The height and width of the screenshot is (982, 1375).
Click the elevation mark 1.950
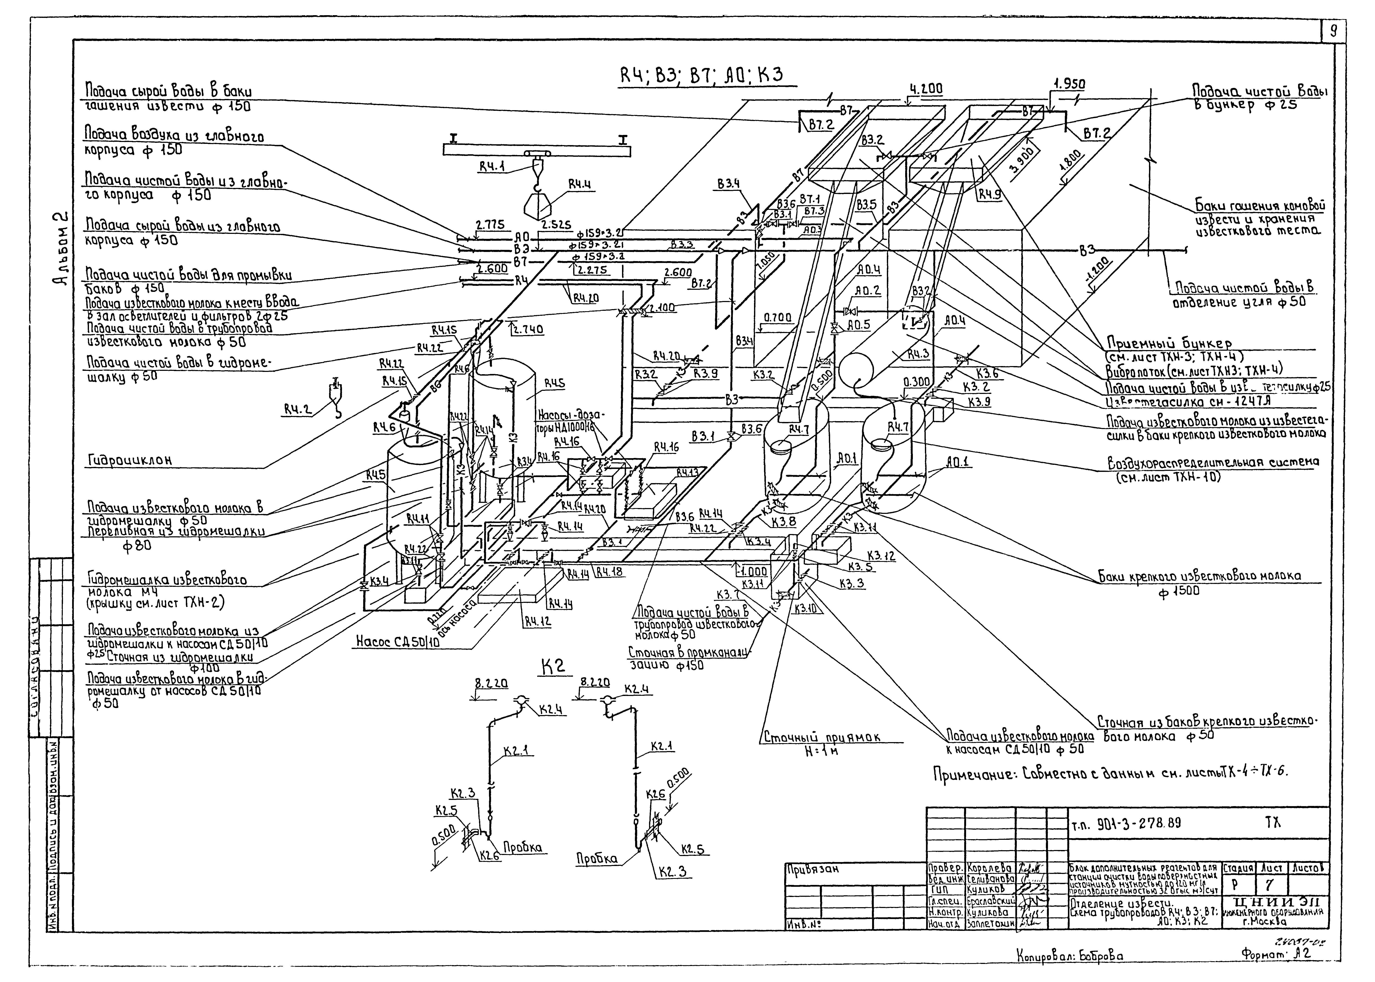pos(1069,83)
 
